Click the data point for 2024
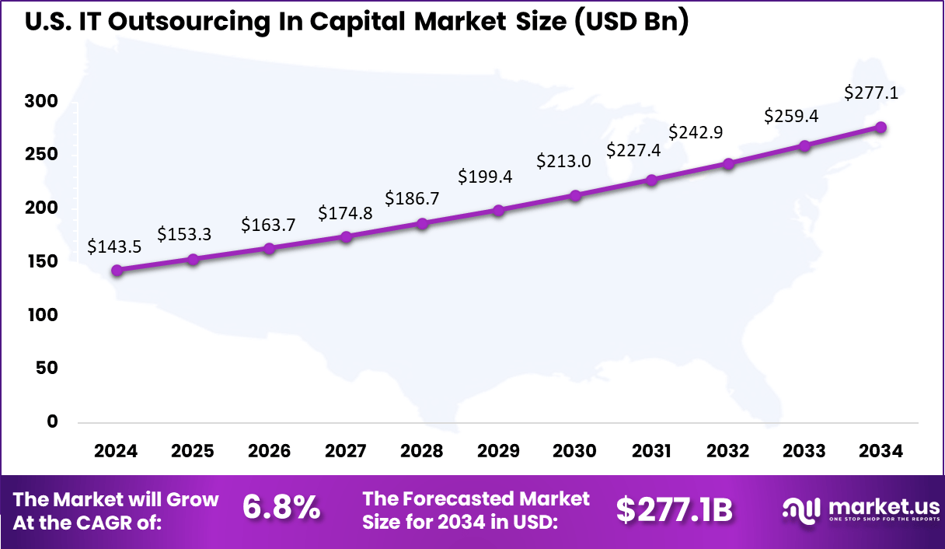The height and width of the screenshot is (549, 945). point(117,271)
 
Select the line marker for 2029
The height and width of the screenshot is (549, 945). point(499,211)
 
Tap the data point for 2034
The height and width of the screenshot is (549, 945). point(881,128)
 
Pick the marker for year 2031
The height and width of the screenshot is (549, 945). point(652,180)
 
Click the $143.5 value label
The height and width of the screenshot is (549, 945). point(114,247)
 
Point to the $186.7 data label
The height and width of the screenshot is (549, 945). point(413,198)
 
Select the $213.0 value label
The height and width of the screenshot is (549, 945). point(563,161)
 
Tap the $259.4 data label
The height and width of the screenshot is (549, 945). point(790,116)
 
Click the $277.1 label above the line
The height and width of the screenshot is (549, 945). point(871,93)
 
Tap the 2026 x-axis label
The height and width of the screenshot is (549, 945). point(269,452)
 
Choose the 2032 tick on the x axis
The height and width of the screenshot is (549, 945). point(728,452)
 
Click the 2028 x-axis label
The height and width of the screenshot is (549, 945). point(422,452)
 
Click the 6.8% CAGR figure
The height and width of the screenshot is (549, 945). point(281,509)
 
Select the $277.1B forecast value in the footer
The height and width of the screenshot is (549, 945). point(675,509)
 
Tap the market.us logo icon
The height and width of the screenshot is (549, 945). point(800,509)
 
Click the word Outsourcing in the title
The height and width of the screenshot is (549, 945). point(190,22)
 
